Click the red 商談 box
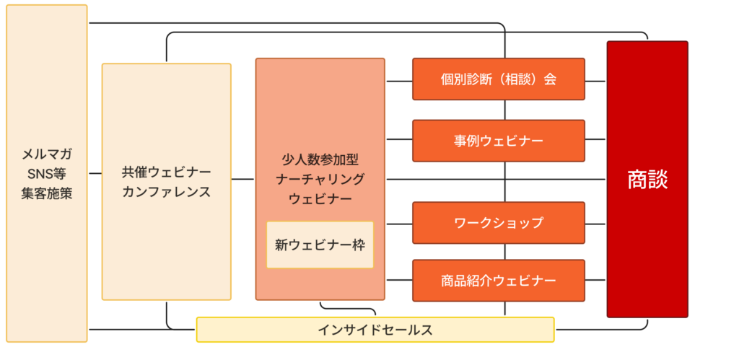[647, 180]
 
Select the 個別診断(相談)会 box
[498, 79]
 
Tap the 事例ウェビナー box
[498, 141]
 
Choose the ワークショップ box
[498, 223]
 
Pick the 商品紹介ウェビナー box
[498, 280]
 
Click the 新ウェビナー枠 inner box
[320, 245]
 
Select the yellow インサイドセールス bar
[375, 330]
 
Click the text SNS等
[47, 174]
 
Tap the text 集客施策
[47, 193]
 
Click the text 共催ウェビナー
[167, 173]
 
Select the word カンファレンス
[167, 192]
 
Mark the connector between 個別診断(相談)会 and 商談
[595, 79]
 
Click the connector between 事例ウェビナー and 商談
[595, 139]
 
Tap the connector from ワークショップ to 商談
[595, 220]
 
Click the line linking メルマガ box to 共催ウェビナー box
[95, 174]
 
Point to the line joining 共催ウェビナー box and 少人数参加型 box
[243, 178]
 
